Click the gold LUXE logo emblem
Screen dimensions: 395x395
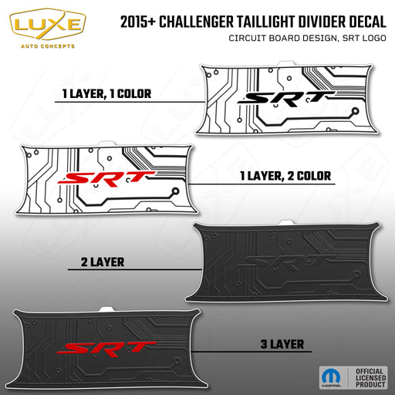point(48,24)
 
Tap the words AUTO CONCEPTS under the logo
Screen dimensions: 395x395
point(48,46)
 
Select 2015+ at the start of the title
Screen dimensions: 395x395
point(138,22)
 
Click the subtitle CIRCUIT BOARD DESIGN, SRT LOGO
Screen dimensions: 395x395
point(308,38)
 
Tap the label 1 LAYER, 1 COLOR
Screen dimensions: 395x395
point(107,94)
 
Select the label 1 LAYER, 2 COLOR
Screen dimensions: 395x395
point(285,176)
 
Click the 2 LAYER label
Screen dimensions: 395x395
point(103,262)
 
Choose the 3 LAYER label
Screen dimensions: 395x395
point(282,344)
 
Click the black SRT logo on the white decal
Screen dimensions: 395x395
point(285,99)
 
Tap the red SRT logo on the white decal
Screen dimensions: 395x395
point(106,179)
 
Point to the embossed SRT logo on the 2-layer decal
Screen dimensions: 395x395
point(288,262)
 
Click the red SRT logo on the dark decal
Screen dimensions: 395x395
point(106,349)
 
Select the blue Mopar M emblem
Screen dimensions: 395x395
point(332,377)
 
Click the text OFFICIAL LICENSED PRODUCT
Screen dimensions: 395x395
point(370,378)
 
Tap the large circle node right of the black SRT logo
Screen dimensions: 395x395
point(355,111)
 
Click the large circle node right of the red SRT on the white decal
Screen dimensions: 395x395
point(176,191)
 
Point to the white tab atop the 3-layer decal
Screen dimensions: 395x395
point(106,309)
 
